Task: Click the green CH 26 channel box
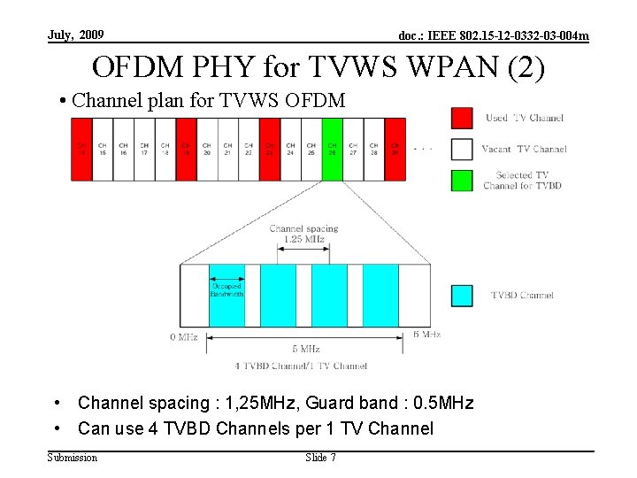point(332,149)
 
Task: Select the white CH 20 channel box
point(206,149)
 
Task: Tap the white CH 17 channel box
point(144,149)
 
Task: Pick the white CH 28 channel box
point(373,149)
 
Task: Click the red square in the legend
point(462,118)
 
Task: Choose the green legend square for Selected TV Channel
point(462,181)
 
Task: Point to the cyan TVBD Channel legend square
point(462,296)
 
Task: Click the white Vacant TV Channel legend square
point(462,149)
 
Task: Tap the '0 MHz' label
point(183,336)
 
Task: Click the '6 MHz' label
point(426,335)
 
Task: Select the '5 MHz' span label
point(305,349)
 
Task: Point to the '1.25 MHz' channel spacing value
point(303,239)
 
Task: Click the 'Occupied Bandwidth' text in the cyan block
point(226,289)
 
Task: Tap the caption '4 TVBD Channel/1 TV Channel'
point(301,366)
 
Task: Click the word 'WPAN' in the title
point(434,67)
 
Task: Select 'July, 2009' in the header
point(75,35)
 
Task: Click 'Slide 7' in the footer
point(320,458)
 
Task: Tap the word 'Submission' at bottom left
point(73,458)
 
